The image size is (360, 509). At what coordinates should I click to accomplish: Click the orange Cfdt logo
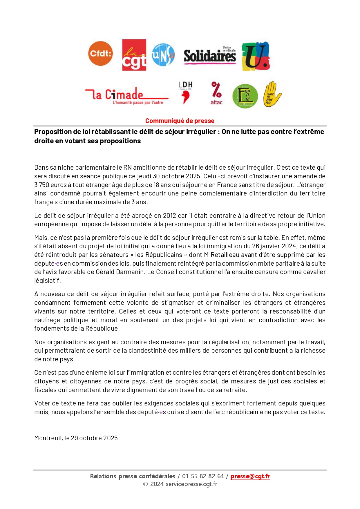100,54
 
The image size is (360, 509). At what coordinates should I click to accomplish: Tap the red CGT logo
134,55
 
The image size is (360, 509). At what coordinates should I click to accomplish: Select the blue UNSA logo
163,55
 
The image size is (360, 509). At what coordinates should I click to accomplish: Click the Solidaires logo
210,55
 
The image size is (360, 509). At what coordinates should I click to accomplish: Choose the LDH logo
185,93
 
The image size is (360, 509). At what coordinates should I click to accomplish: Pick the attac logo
216,93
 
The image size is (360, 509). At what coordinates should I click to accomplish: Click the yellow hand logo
272,94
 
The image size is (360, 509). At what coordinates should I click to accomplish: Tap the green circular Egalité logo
245,96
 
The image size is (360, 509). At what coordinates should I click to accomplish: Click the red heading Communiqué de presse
180,121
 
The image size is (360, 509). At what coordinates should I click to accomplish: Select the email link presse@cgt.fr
250,476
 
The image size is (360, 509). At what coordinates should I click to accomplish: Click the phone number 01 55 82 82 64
203,476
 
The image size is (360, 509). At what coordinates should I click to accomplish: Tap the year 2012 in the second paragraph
169,215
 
